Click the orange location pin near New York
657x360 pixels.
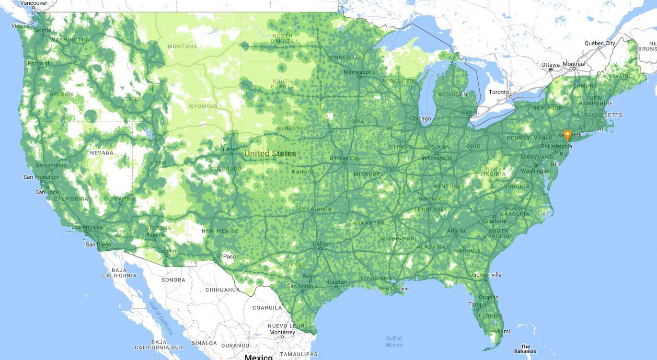click(x=567, y=135)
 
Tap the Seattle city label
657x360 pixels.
click(x=42, y=30)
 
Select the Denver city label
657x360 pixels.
click(x=231, y=149)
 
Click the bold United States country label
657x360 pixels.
click(x=270, y=154)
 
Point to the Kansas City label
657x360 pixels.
click(x=345, y=158)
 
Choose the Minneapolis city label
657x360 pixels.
click(x=359, y=72)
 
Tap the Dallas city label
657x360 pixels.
click(x=321, y=244)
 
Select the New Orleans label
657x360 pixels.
click(x=393, y=289)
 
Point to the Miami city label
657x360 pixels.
click(x=503, y=331)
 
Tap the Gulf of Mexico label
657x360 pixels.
click(x=394, y=341)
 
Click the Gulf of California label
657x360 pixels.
click(x=160, y=318)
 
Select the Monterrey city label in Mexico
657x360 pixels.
click(x=282, y=332)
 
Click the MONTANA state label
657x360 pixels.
click(x=182, y=46)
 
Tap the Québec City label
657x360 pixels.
click(x=599, y=43)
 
